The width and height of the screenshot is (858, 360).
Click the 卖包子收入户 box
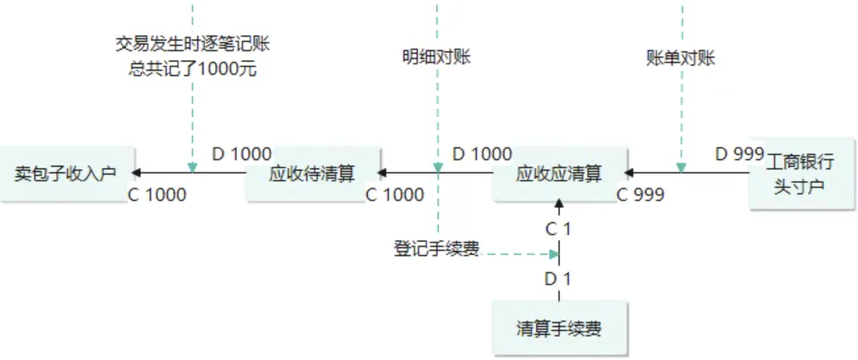tap(66, 173)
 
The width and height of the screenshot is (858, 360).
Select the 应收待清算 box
tap(313, 173)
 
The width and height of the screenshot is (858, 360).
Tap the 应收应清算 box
tap(559, 173)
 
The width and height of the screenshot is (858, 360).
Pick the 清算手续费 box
tap(559, 328)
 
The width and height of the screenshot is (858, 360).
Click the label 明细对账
tap(437, 57)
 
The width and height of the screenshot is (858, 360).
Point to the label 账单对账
tap(681, 58)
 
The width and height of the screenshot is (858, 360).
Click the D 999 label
tap(739, 154)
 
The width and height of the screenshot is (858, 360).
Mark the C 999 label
tap(641, 194)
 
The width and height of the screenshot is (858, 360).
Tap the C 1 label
tap(558, 229)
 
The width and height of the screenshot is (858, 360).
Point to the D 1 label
tap(558, 279)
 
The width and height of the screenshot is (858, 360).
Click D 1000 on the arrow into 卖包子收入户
tap(242, 154)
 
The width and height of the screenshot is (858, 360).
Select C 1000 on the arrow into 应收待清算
tap(394, 194)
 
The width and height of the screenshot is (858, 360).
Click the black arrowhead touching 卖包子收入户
tap(135, 173)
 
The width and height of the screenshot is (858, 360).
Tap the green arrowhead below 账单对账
tap(681, 168)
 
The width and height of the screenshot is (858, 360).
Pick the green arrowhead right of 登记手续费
tap(554, 254)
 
